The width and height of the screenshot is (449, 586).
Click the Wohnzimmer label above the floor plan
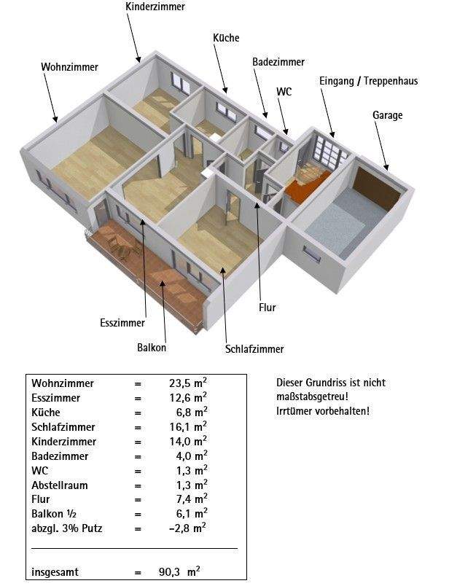click(x=69, y=67)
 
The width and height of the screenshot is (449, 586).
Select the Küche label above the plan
click(x=226, y=38)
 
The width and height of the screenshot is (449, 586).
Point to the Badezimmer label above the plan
click(x=278, y=63)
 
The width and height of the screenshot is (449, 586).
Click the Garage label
click(x=387, y=115)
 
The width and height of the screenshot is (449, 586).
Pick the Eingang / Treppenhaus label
click(x=369, y=81)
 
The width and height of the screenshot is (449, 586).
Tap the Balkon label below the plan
click(x=152, y=348)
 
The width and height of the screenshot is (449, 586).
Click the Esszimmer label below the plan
click(x=122, y=323)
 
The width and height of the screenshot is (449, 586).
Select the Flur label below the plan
click(x=268, y=308)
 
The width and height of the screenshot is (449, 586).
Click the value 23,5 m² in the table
click(x=187, y=383)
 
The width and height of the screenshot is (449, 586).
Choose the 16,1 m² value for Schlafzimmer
click(x=187, y=427)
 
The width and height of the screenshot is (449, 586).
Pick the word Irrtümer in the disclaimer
click(x=297, y=411)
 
